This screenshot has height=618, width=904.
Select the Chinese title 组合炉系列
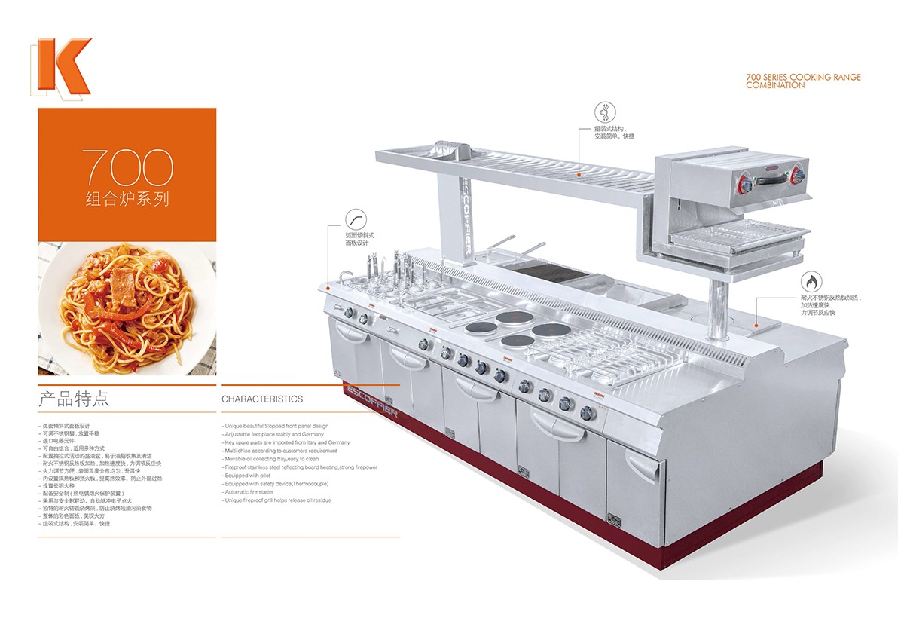pos(127,200)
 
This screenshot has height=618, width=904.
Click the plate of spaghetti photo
pos(127,308)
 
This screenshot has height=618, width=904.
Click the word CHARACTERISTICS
pos(262,399)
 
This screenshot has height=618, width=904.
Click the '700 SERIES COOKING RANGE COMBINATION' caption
pos(803,81)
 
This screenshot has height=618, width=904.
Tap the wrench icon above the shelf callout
pos(603,112)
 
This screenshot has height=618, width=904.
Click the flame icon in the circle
pos(811,282)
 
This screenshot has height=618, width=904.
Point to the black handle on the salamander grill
pos(769,180)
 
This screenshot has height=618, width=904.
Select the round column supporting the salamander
pos(718,309)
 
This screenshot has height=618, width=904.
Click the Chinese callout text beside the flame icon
pos(829,305)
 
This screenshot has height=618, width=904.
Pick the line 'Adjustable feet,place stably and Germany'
pos(273,434)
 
